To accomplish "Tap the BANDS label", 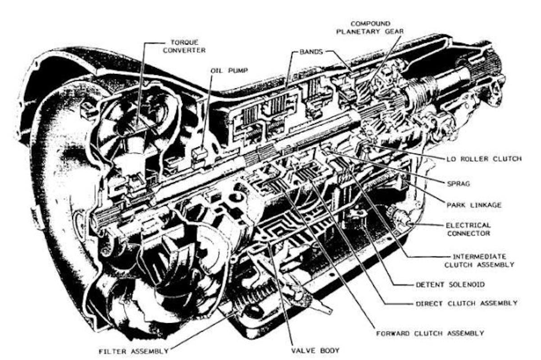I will click(x=311, y=52).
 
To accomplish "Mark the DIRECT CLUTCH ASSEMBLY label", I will click(x=466, y=303).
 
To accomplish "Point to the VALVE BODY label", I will click(x=315, y=350).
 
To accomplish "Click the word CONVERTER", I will click(x=185, y=50).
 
